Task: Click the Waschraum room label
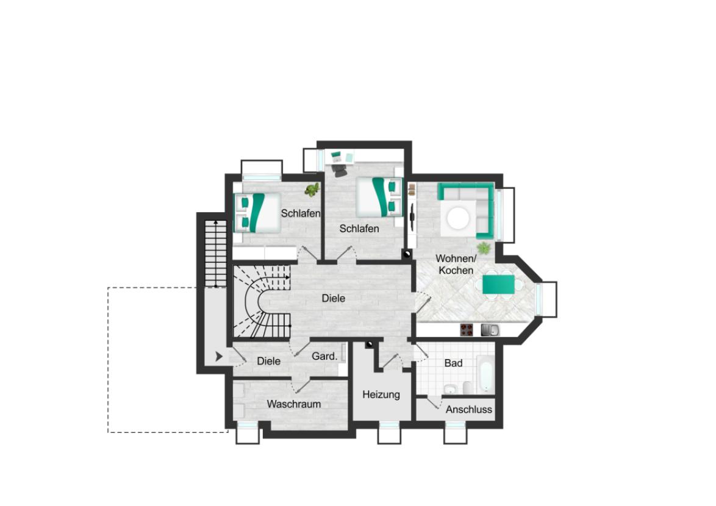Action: (293, 404)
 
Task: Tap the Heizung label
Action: (381, 394)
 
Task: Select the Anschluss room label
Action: (468, 410)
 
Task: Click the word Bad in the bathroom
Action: (453, 363)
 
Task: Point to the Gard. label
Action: (324, 356)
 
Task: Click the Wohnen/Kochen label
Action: (456, 264)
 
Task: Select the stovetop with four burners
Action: (467, 330)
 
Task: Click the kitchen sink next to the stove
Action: (489, 330)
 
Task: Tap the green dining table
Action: (499, 285)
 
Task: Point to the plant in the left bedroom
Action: (312, 190)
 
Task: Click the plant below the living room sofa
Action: (484, 248)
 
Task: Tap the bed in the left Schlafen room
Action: (257, 212)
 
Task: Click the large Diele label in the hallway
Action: (334, 298)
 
